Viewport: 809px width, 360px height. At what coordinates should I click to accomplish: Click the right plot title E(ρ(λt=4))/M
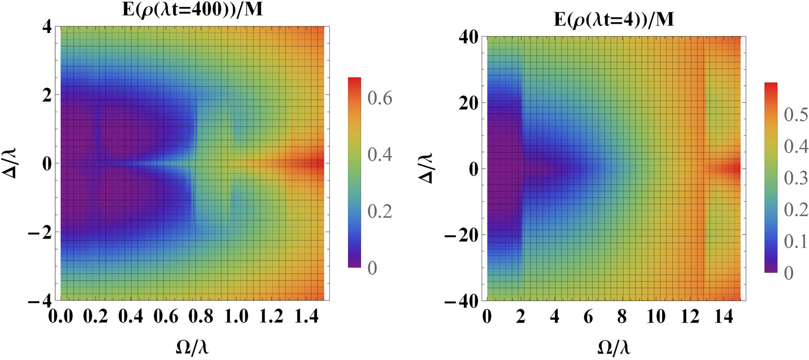tap(613, 20)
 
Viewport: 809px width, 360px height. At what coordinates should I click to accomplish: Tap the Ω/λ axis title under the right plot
tap(614, 348)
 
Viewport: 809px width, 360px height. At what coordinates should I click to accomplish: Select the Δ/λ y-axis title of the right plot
tap(427, 168)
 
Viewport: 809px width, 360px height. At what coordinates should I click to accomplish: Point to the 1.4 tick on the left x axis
tap(307, 316)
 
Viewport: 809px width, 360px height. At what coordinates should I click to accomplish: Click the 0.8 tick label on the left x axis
tap(201, 316)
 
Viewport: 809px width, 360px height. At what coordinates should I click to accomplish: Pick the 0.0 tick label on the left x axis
tap(61, 316)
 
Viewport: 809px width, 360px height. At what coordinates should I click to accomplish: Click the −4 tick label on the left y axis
tap(39, 301)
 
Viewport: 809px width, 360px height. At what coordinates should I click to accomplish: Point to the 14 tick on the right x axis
tap(724, 316)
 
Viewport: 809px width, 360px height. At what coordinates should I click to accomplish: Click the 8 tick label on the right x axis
tap(622, 316)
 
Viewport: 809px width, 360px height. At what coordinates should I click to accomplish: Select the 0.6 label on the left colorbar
tap(380, 98)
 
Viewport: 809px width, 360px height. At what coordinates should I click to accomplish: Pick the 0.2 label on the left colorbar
tap(380, 211)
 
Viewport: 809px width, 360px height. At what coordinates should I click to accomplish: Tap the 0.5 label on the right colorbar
tap(796, 115)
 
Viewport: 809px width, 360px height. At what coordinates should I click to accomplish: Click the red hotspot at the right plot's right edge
tap(735, 168)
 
